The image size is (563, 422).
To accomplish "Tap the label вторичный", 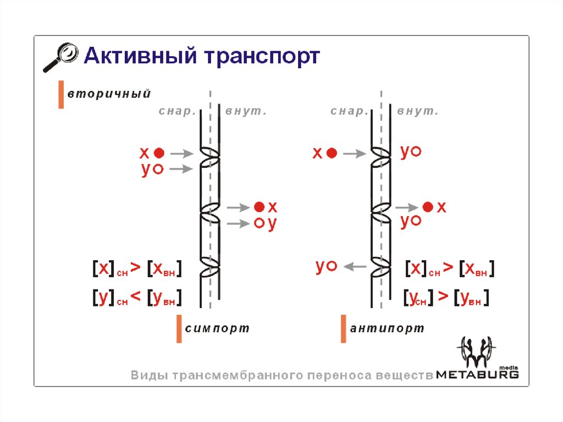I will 109,94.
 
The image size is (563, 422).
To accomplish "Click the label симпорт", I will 217,328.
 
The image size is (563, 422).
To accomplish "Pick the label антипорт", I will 387,328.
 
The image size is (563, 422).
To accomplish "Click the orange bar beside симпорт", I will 179,329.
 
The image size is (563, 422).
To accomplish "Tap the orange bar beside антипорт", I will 344,329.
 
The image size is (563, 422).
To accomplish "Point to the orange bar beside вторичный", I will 61,95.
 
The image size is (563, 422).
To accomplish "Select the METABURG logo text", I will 477,374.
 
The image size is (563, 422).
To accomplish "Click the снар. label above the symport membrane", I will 178,112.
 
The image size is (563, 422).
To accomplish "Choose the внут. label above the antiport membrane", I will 417,112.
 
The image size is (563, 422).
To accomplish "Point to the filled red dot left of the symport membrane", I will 159,153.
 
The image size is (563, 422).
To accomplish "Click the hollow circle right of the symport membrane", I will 259,223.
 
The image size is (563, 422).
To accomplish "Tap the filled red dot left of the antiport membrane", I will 331,154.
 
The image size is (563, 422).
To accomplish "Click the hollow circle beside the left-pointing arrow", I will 332,266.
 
